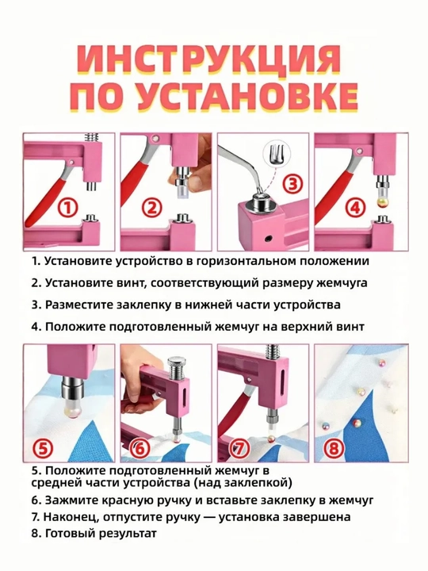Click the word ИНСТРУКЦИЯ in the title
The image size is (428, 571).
pyautogui.click(x=209, y=59)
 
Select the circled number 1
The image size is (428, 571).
pyautogui.click(x=69, y=209)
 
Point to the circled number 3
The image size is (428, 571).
pyautogui.click(x=292, y=184)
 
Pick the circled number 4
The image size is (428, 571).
pyautogui.click(x=354, y=208)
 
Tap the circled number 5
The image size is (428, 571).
pyautogui.click(x=43, y=448)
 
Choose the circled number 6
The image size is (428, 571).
pyautogui.click(x=139, y=449)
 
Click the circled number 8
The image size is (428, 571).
pyautogui.click(x=334, y=448)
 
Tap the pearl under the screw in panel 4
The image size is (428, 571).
pyautogui.click(x=381, y=202)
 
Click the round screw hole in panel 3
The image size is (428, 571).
pyautogui.click(x=269, y=238)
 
